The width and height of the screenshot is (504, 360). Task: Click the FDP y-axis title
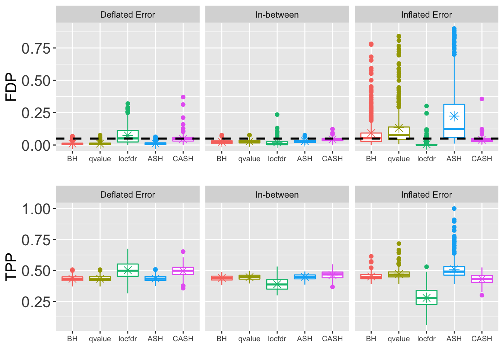click(11, 87)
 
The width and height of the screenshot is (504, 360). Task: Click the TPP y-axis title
click(11, 267)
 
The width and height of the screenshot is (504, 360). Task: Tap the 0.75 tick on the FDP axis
click(36, 48)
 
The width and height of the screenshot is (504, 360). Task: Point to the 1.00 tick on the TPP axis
click(36, 209)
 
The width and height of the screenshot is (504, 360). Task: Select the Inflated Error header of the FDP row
click(426, 15)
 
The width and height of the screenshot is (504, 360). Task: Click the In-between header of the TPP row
click(277, 195)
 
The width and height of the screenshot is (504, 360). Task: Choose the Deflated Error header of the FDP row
click(127, 15)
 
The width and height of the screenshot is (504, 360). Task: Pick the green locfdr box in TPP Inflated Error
click(426, 297)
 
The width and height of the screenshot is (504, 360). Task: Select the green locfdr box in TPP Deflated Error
click(128, 270)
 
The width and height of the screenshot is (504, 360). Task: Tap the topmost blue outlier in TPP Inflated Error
click(454, 208)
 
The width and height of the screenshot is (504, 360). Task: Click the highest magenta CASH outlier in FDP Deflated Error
click(183, 97)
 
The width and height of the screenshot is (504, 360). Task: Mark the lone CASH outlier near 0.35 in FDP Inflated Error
click(482, 99)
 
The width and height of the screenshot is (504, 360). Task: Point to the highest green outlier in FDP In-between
click(277, 115)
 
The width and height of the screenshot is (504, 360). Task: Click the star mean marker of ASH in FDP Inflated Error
click(454, 116)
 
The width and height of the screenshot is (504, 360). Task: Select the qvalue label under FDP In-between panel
click(249, 159)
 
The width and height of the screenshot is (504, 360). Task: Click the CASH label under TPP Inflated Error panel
click(482, 339)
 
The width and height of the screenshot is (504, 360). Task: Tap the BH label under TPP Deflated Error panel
click(72, 339)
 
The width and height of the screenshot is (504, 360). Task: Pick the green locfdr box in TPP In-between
click(277, 284)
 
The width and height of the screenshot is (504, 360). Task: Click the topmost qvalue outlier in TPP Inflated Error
click(399, 244)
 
